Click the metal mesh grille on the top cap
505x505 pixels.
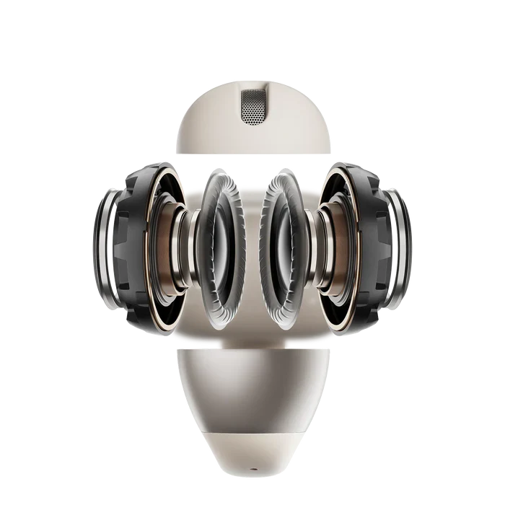(x=252, y=107)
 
